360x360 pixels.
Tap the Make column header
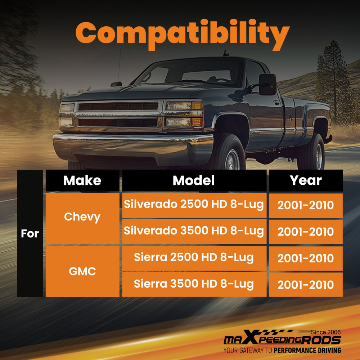(82, 180)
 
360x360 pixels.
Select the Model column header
(194, 180)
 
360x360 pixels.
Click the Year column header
(306, 180)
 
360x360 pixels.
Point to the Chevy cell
(82, 217)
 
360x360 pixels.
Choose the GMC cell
(82, 271)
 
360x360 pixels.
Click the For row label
(30, 233)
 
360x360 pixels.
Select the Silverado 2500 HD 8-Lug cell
(194, 204)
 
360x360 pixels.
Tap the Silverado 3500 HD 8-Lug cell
(194, 231)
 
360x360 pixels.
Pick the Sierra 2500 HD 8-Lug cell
(194, 258)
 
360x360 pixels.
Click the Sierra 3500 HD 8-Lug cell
(194, 284)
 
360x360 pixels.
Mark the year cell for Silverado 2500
(306, 205)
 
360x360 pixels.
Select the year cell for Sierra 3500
(306, 285)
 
